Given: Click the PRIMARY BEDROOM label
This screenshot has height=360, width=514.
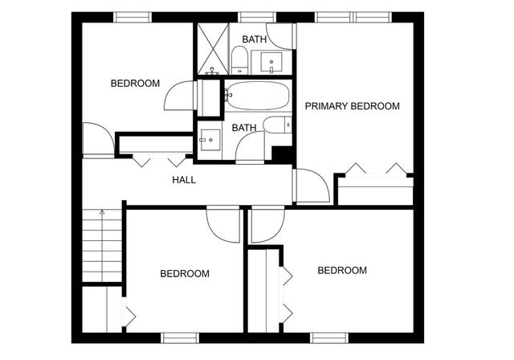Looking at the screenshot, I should click(x=352, y=106).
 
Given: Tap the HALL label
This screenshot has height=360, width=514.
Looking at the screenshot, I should click(x=184, y=179).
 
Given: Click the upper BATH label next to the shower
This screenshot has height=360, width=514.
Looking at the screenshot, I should click(x=255, y=39).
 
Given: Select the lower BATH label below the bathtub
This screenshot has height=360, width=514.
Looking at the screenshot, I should click(x=244, y=128).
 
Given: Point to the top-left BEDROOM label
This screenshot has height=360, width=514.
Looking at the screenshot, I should click(x=135, y=84).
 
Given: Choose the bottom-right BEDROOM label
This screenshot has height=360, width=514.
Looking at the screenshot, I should click(x=342, y=270).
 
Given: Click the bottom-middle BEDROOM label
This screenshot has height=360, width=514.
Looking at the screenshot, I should click(x=185, y=273).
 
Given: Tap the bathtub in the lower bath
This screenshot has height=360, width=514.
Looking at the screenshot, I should click(x=257, y=96).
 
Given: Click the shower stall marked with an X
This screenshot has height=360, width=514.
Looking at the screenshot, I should click(x=212, y=49).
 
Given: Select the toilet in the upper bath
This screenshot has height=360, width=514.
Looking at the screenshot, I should click(x=239, y=59).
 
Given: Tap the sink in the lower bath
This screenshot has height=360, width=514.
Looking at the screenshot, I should click(x=211, y=139).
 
